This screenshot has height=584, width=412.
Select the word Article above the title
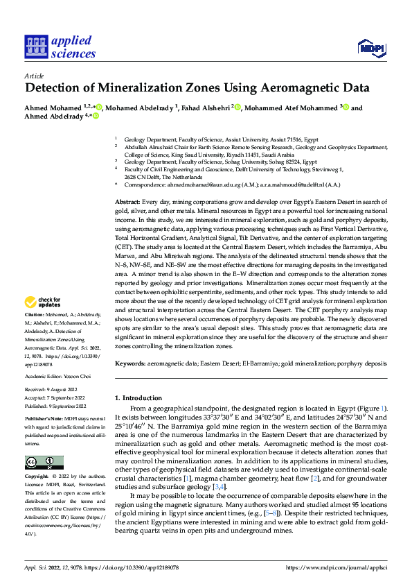coord(34,76)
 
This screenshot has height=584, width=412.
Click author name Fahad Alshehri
coord(206,108)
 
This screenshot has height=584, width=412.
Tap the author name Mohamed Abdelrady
coord(141,108)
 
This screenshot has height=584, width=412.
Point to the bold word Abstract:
coord(128,200)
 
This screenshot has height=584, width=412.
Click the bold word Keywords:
coord(130,363)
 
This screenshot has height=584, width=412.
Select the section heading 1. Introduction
coord(138,398)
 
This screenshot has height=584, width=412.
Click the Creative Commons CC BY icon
coord(44,463)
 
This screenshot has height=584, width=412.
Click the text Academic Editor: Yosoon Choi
coord(57,376)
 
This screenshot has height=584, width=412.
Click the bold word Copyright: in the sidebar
coord(37,477)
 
